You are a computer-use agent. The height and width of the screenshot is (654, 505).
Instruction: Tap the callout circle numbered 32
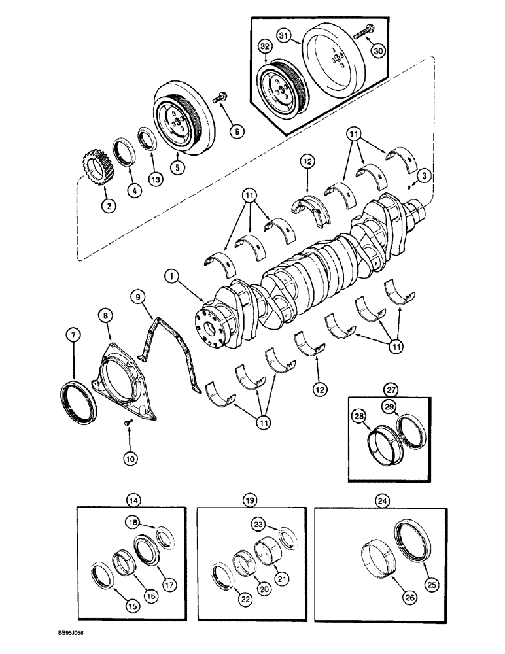[x=266, y=47]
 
